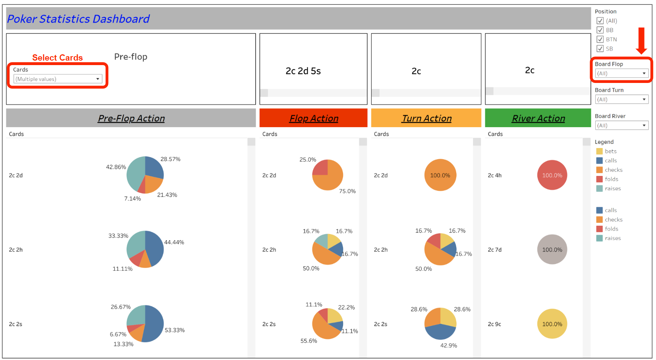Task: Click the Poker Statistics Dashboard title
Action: [79, 19]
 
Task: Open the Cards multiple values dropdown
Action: [58, 79]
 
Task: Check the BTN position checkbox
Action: [600, 39]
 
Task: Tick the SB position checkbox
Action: [600, 49]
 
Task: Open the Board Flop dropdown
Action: [621, 73]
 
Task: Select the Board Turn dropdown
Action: [621, 99]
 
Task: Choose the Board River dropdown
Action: [621, 125]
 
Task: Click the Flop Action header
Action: [314, 118]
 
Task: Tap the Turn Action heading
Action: [426, 118]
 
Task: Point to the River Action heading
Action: [538, 118]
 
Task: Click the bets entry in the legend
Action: [610, 151]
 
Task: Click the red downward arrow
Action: [641, 41]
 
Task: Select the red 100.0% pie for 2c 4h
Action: [552, 175]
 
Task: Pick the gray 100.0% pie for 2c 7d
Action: [552, 250]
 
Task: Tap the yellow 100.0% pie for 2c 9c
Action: [552, 324]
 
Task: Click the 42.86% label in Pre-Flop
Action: [116, 167]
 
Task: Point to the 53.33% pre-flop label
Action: [175, 330]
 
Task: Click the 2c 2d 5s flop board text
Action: [303, 71]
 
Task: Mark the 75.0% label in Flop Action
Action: [347, 191]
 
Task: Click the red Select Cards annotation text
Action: [57, 58]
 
